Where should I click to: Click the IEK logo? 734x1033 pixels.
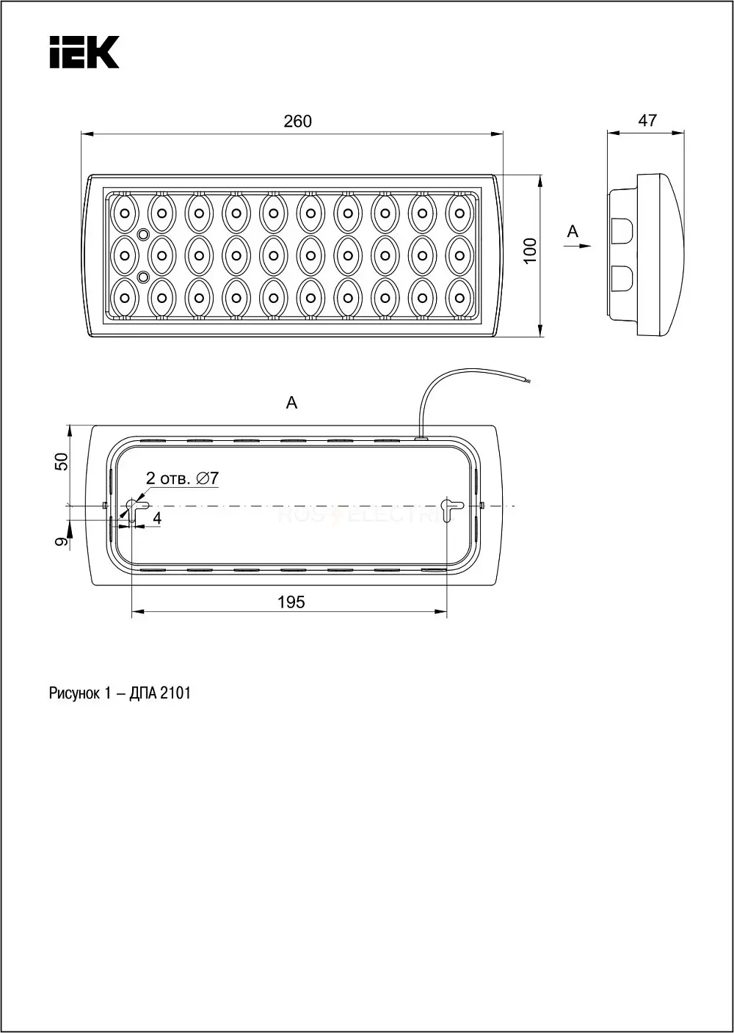coord(84,52)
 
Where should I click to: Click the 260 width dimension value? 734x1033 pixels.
coord(297,121)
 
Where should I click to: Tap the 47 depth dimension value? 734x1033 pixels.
coord(647,120)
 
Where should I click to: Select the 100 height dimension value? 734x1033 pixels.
coord(531,251)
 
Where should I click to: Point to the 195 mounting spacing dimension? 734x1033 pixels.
coord(291,602)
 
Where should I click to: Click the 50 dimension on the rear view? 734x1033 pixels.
coord(62,461)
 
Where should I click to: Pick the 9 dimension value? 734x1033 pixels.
coord(62,541)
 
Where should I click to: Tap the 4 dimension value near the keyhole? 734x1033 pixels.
coord(157,519)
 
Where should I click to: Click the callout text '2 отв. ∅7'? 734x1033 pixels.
coord(182,478)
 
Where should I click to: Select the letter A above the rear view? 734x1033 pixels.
coord(291,403)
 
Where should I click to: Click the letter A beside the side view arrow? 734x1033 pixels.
coord(573,231)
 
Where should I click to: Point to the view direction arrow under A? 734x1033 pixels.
coord(577,247)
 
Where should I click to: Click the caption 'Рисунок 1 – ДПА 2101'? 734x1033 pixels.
coord(120,693)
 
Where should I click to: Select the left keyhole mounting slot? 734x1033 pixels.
coord(135,509)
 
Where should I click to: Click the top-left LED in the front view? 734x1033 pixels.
coord(125,213)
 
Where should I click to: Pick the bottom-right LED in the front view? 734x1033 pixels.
coord(459,297)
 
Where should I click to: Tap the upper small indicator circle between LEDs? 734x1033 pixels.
coord(143,234)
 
